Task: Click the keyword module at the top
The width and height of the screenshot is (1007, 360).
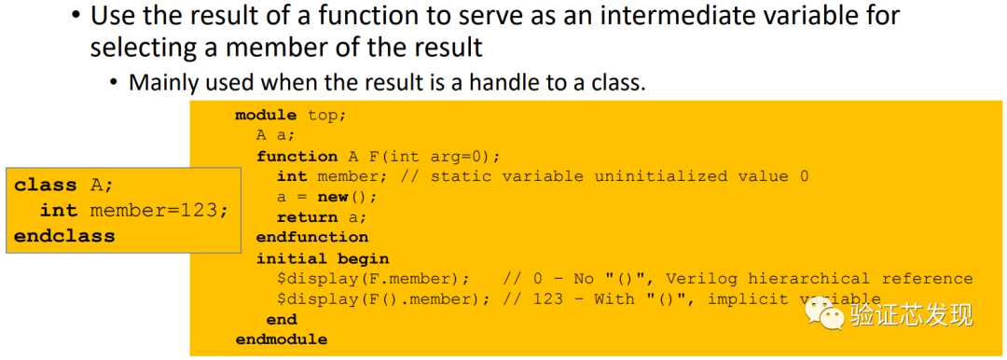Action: coord(267,115)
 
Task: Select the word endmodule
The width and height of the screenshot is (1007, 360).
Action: coord(282,339)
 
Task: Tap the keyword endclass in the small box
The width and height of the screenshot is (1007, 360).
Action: coord(64,237)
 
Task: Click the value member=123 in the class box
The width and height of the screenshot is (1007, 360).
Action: coord(159,211)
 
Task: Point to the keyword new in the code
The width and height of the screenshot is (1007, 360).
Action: coord(332,197)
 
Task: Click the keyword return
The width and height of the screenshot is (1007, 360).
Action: coord(307,217)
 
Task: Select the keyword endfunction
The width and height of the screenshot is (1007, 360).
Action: coord(312,238)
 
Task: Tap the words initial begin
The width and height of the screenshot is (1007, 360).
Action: coord(323,258)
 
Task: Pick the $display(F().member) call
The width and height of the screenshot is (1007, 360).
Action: coord(383,299)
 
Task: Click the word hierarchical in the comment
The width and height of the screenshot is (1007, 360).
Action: coord(804,279)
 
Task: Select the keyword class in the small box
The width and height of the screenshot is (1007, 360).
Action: coord(46,186)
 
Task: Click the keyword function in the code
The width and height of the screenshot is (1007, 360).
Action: coord(297,156)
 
